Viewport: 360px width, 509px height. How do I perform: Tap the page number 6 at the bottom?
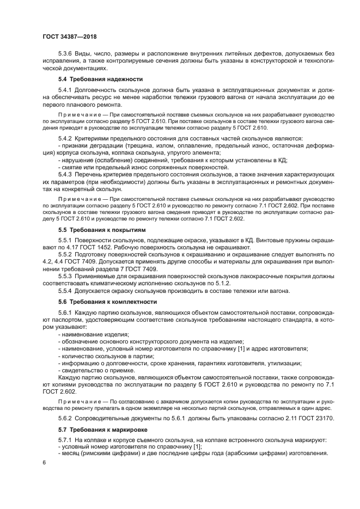coord(44,462)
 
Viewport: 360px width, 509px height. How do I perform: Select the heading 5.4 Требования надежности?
coord(93,79)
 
